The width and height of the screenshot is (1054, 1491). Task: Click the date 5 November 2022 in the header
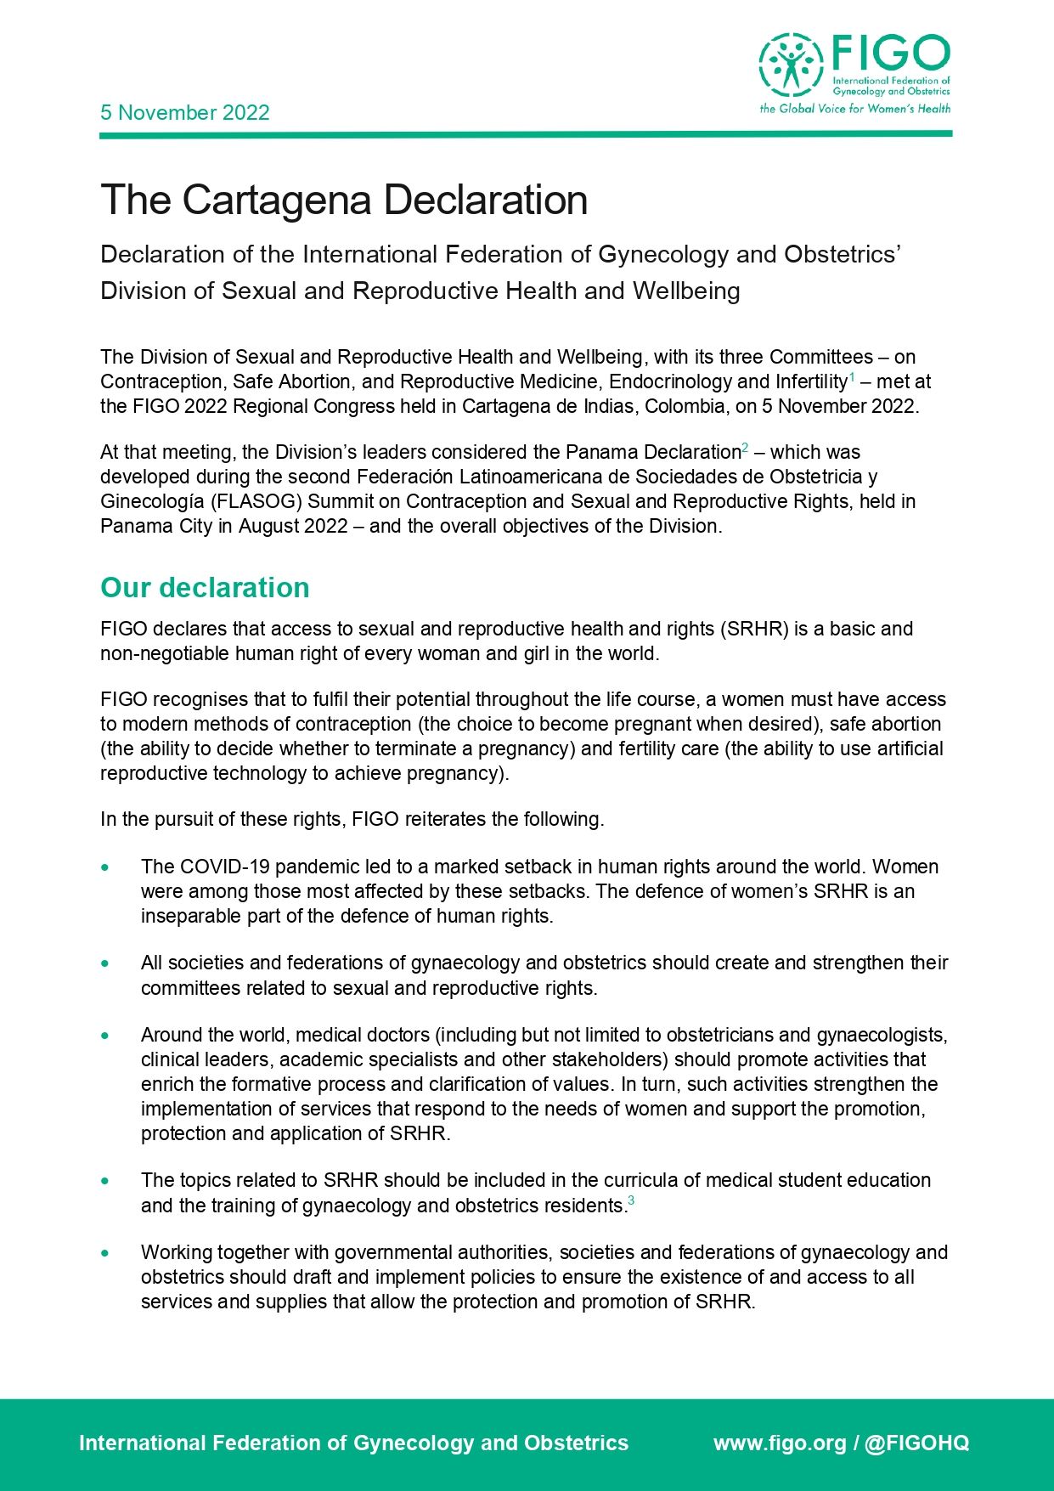tap(184, 113)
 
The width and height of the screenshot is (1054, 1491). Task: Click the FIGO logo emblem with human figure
tap(791, 65)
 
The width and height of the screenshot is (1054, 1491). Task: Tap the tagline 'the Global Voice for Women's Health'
tap(854, 109)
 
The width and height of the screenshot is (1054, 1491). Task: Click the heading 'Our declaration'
tap(205, 588)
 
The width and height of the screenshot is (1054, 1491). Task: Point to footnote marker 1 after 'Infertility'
tap(852, 376)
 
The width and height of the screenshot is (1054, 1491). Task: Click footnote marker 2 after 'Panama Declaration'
tap(745, 447)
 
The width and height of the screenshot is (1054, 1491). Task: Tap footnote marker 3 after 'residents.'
tap(631, 1200)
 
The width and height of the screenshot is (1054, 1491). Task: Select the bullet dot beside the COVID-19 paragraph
tap(105, 867)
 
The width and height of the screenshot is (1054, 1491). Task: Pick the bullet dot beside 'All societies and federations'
tap(105, 963)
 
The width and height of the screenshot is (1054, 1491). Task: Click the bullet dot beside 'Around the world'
tap(105, 1036)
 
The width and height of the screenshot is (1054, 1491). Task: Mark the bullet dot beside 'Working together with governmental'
tap(105, 1253)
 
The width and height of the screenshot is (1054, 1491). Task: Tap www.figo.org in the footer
tap(780, 1443)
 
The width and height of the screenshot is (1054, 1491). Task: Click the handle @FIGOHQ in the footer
tap(916, 1443)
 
